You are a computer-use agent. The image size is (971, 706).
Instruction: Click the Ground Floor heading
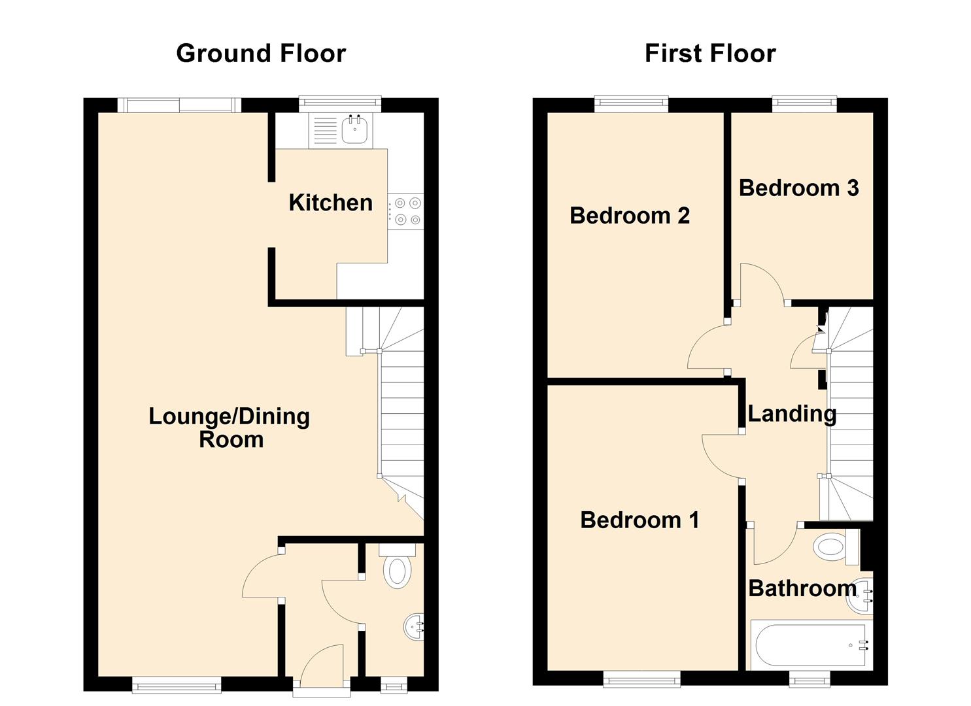261,54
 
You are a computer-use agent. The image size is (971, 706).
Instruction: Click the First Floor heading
710,54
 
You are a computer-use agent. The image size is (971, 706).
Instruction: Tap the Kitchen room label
330,203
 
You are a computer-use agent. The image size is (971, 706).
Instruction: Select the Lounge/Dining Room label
230,428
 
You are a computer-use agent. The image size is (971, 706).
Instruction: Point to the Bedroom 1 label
639,520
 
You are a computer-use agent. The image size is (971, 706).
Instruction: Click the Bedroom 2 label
630,216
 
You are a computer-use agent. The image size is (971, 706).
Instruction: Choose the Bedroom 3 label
798,188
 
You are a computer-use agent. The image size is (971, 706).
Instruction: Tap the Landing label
791,414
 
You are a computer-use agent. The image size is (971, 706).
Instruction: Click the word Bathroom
802,588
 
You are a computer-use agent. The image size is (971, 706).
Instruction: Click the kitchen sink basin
355,130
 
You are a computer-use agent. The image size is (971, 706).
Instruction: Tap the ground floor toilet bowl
397,571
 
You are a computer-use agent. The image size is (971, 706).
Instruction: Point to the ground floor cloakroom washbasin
414,627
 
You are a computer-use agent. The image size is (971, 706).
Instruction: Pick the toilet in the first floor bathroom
834,546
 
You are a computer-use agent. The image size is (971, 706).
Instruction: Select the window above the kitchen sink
340,103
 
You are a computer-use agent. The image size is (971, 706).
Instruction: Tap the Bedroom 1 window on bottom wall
642,681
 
